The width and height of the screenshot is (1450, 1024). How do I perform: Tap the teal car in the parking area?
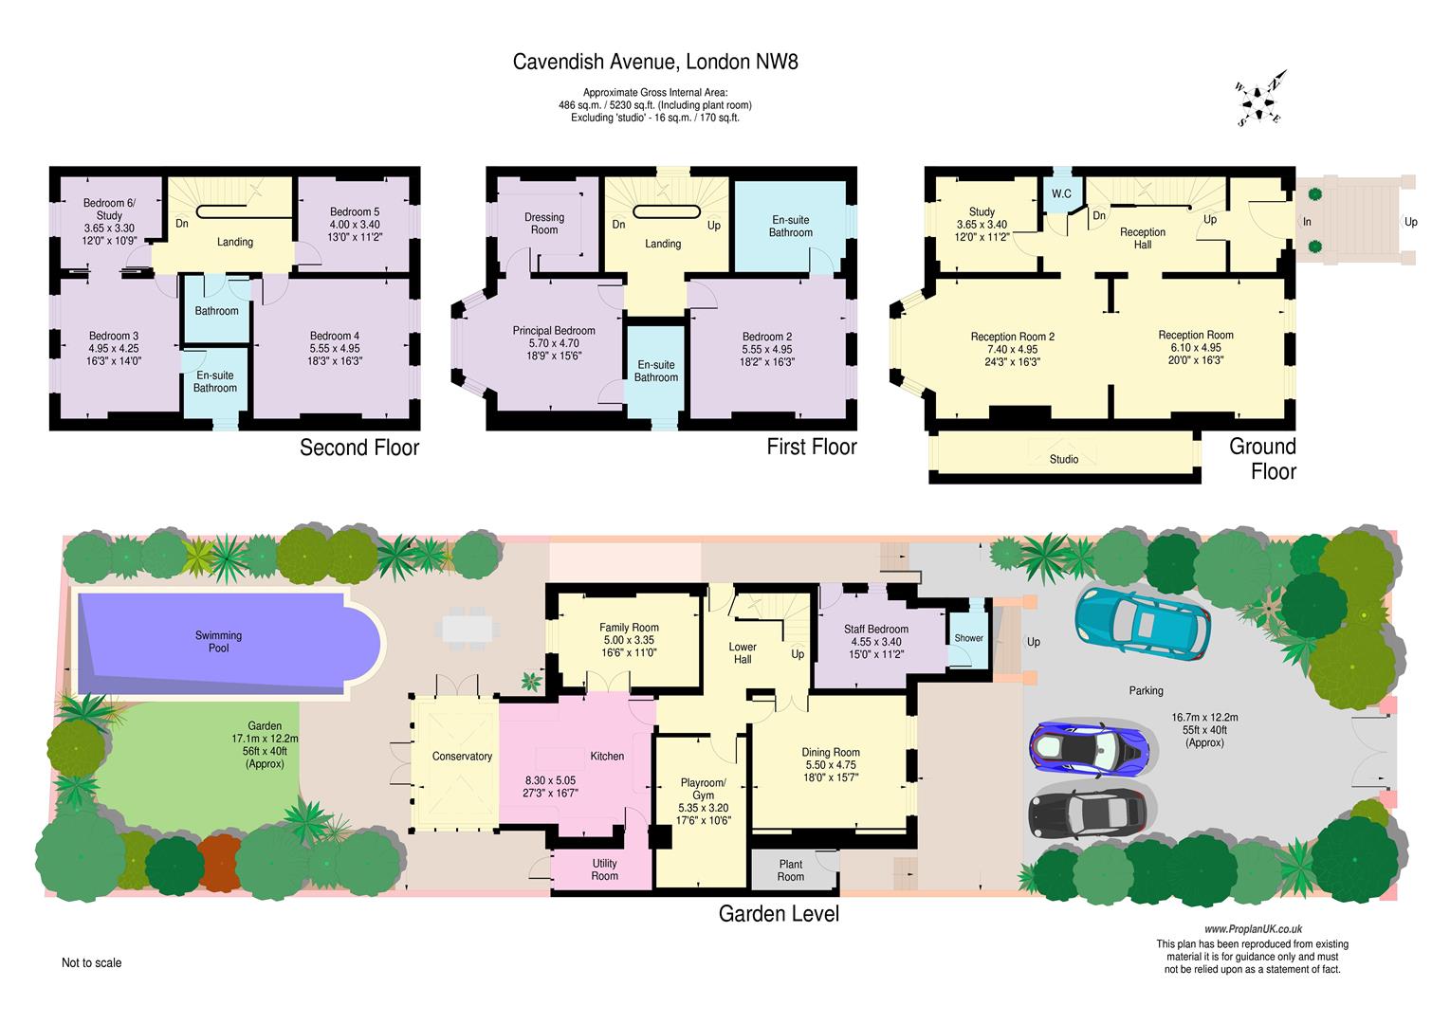click(1143, 623)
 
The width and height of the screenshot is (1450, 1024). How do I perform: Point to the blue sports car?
click(1090, 748)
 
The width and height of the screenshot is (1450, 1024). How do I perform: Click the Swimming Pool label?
click(219, 642)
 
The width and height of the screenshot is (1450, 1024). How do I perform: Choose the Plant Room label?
click(790, 870)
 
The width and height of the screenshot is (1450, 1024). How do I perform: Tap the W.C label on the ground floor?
click(1061, 193)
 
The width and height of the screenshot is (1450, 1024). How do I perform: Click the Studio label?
click(1063, 459)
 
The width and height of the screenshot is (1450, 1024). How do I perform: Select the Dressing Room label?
click(544, 224)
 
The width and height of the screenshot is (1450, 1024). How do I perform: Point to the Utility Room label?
click(605, 869)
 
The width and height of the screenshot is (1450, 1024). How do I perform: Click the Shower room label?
click(968, 637)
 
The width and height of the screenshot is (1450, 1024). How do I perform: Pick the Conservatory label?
click(462, 756)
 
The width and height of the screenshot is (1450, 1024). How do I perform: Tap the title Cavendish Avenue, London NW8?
click(655, 62)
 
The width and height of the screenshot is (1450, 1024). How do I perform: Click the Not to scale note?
click(91, 962)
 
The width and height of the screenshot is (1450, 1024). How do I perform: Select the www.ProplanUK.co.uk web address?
click(1253, 929)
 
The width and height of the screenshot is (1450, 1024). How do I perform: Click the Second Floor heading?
click(359, 448)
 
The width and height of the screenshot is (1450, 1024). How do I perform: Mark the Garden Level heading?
click(779, 913)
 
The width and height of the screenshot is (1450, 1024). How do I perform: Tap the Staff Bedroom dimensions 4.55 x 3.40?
click(876, 642)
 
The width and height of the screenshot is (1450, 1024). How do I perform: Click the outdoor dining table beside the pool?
click(471, 628)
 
